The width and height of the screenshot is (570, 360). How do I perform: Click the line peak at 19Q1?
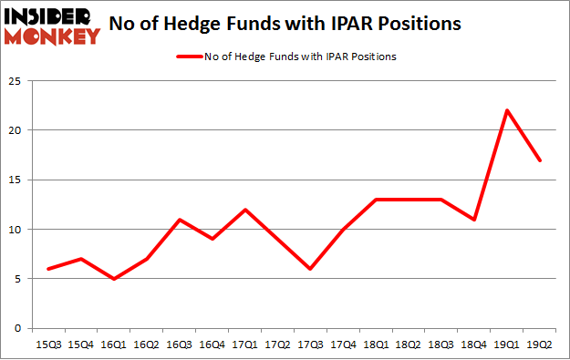[507, 110]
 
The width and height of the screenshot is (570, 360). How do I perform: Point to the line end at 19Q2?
[540, 160]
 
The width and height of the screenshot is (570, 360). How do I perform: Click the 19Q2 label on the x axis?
[540, 345]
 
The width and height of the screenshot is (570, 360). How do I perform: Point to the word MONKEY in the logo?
[53, 36]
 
